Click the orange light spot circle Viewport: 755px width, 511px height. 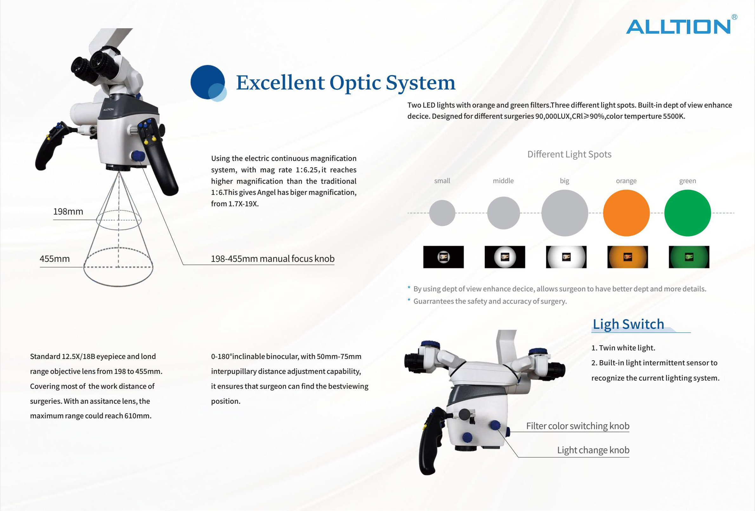coord(626,213)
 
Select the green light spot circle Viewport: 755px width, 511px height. coord(687,213)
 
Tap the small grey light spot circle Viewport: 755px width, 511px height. coord(442,213)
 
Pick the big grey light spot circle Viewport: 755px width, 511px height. coord(565,213)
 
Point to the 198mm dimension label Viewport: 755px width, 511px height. coord(68,212)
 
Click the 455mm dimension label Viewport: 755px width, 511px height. coord(55,259)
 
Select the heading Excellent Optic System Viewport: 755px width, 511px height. coord(346,83)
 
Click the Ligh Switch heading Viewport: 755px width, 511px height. coord(628,324)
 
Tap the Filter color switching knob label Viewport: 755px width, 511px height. coord(578,426)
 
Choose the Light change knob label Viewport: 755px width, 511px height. coord(593,450)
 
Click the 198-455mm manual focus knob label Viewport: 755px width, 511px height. coord(272,259)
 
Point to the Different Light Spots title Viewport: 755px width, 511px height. coord(569,154)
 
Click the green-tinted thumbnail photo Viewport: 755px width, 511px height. coord(689,257)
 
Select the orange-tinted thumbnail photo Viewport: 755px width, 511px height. coord(628,257)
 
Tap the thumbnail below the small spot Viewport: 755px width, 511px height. coord(443,257)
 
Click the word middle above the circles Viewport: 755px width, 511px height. coord(503,181)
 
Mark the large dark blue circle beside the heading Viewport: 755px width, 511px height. coord(207,82)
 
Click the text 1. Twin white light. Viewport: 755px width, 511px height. coord(623,348)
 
